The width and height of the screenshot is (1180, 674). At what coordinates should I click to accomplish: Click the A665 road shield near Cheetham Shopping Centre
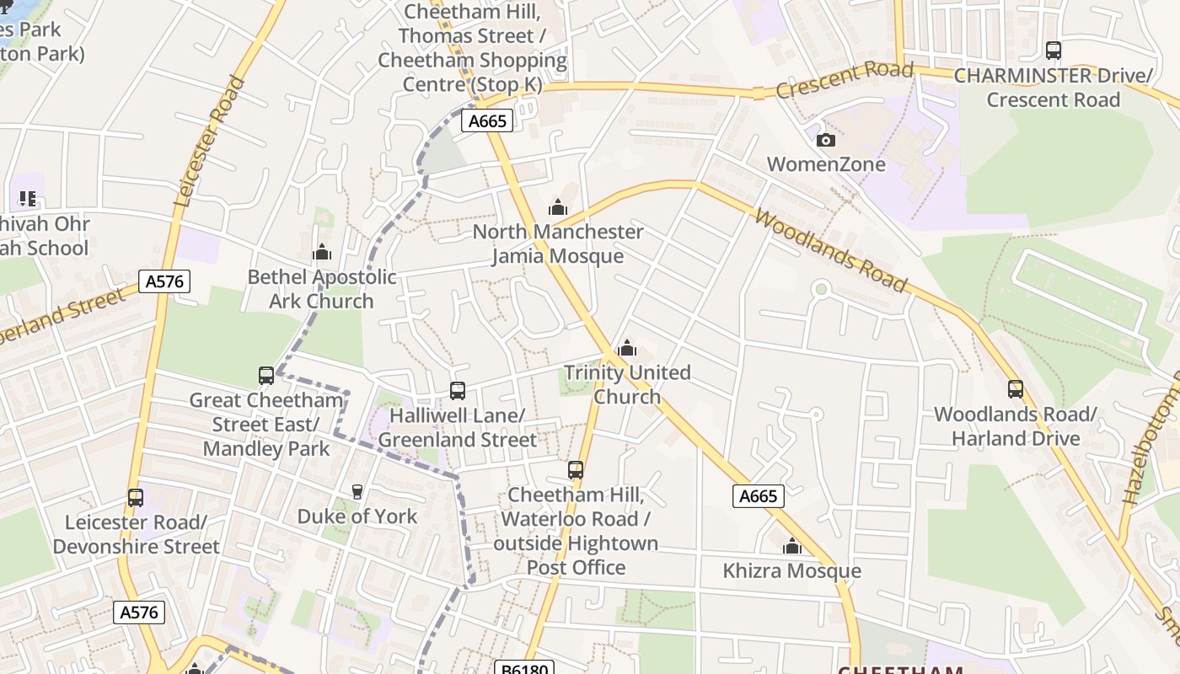(487, 121)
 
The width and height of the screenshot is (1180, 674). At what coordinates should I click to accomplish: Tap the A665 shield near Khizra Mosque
(758, 496)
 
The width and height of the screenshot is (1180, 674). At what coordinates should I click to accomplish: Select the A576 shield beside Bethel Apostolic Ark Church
(164, 281)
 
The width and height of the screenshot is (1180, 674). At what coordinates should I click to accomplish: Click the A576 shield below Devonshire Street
(139, 612)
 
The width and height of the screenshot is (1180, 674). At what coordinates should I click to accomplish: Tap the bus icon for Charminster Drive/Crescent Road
(1054, 51)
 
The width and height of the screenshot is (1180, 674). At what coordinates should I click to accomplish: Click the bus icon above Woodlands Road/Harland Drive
(1016, 389)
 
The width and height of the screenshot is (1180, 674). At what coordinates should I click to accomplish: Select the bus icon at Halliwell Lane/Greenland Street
(458, 391)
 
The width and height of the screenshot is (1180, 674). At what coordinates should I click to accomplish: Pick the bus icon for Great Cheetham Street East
(266, 376)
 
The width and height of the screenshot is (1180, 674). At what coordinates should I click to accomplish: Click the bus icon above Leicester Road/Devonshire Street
(136, 498)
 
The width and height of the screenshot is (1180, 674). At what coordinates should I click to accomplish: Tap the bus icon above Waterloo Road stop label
(576, 470)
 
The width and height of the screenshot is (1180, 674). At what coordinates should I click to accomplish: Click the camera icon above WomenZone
(826, 140)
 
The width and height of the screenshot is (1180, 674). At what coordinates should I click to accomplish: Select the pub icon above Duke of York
(357, 491)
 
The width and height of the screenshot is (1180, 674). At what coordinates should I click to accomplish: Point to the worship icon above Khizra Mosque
(791, 547)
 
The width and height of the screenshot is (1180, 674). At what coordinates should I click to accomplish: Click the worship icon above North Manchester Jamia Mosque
(557, 207)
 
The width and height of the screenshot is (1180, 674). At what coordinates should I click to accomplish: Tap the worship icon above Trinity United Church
(627, 348)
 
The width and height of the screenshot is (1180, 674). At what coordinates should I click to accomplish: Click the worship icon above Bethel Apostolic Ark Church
(322, 252)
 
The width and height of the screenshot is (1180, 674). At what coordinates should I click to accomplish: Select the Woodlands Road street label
(831, 251)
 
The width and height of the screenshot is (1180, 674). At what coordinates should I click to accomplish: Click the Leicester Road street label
(210, 142)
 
